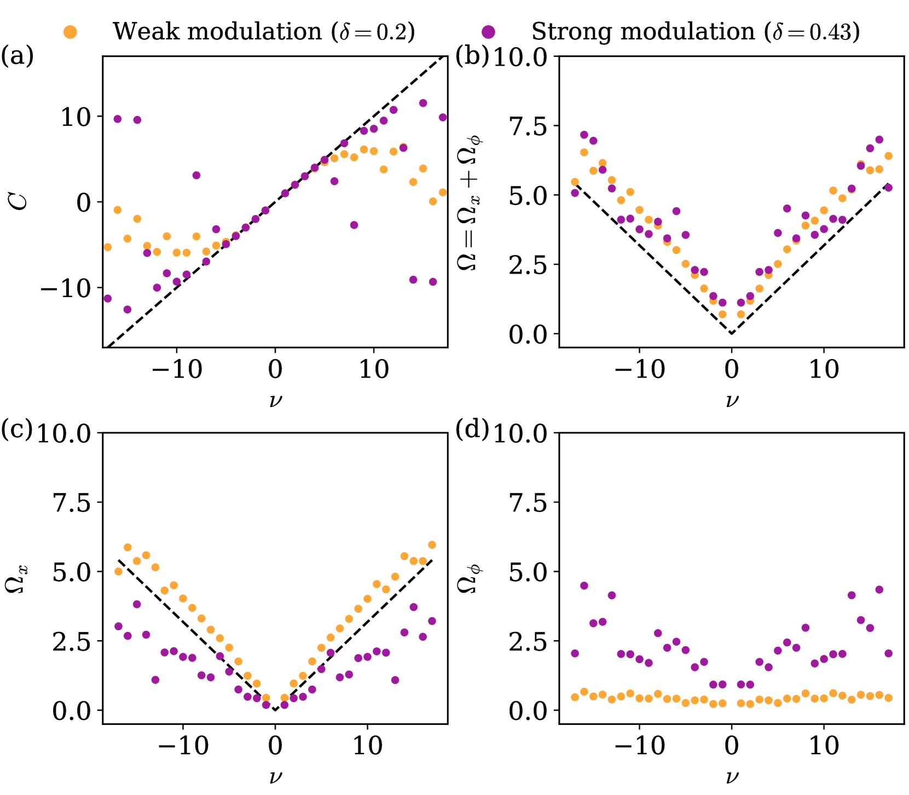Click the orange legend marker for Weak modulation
coord(70,32)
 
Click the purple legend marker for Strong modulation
coord(489,32)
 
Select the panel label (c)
coord(17,430)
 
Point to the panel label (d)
coord(472,430)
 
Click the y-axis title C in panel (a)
coord(20,202)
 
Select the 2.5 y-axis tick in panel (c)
coord(72,641)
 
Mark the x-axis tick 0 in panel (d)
coord(732,746)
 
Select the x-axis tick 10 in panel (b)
coord(824,370)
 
